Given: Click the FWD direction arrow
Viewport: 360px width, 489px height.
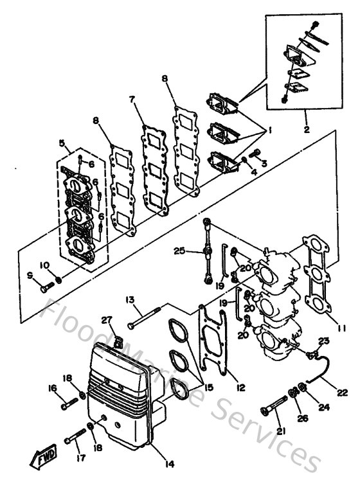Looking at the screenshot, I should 44,457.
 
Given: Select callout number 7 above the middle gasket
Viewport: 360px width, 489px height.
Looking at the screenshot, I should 132,100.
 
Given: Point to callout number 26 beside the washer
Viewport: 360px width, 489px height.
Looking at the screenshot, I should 302,418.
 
